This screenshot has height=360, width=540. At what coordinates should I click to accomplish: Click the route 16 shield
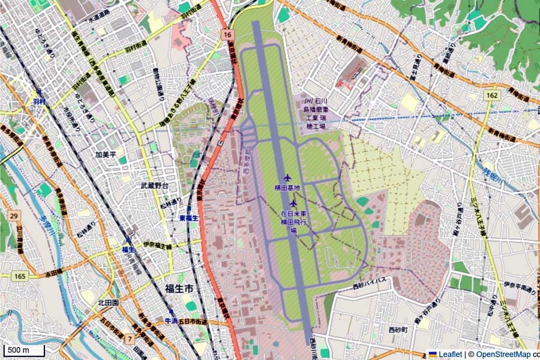[x=226, y=35]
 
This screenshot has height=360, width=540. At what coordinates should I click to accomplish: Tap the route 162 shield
[x=492, y=95]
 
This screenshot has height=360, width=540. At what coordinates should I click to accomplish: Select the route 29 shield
[x=13, y=215]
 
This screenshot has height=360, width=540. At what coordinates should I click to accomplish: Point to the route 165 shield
[x=20, y=276]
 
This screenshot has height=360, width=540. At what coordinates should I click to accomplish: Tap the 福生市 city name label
[x=179, y=289]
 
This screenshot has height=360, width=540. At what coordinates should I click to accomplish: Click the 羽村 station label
[x=40, y=101]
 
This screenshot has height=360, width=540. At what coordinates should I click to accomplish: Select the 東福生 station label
[x=188, y=218]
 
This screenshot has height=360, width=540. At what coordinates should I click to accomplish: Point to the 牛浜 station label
[x=172, y=321]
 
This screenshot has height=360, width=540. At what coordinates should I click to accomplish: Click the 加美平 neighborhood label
[x=106, y=154]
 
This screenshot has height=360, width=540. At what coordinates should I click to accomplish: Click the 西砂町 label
[x=397, y=330]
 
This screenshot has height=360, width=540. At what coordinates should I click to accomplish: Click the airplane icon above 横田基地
[x=286, y=178]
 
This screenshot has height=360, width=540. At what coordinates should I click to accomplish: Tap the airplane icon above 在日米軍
[x=293, y=202]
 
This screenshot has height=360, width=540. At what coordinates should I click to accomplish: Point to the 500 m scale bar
[x=24, y=350]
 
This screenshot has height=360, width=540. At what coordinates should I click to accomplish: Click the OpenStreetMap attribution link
[x=503, y=354]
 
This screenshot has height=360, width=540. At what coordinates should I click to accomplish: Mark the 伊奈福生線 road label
[x=157, y=246]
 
